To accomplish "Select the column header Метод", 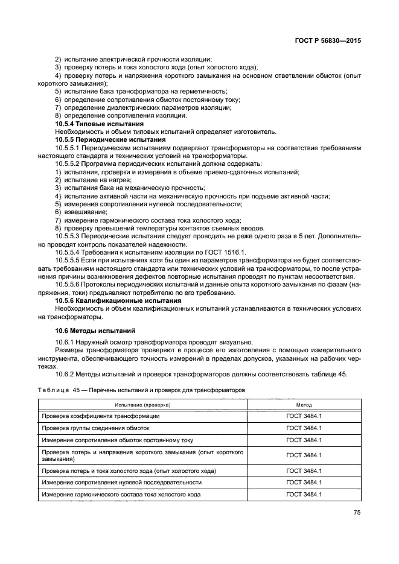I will click(x=304, y=405).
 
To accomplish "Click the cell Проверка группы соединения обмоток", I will click(x=95, y=428).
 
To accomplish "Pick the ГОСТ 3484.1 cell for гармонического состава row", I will click(x=304, y=495).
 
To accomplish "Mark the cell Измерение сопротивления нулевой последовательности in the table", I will click(x=121, y=483).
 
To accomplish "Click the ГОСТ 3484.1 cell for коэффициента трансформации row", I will click(x=304, y=417).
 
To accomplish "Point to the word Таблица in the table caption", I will click(x=54, y=390).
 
